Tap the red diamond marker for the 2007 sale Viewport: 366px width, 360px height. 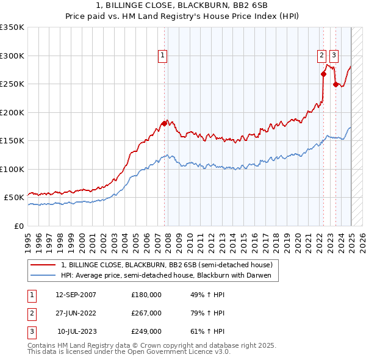[x=164, y=124]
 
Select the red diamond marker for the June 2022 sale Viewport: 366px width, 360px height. [x=323, y=74]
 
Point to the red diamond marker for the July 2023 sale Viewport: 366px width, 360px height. [x=335, y=85]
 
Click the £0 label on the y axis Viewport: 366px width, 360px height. [x=19, y=226]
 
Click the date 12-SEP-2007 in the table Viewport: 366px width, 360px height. [x=76, y=294]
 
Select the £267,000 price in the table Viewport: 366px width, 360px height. [x=146, y=313]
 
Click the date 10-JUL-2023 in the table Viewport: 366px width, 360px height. [x=77, y=331]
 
